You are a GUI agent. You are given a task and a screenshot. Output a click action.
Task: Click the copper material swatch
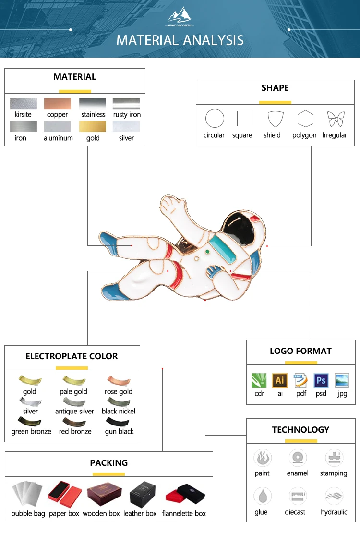coord(57,104)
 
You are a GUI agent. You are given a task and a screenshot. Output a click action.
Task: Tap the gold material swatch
coord(92,127)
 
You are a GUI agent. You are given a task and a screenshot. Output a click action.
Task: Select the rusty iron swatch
coord(126,104)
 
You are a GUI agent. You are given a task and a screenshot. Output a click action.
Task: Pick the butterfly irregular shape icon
coord(335,119)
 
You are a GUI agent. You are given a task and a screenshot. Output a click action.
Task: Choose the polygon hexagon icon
coord(305,119)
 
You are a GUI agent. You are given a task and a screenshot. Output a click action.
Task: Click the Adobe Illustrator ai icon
coord(280,381)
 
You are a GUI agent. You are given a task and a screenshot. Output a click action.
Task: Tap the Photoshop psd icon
coord(321,381)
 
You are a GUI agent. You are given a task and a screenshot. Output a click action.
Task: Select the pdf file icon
coord(300,381)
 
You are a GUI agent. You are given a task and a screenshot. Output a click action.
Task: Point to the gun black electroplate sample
coord(119,422)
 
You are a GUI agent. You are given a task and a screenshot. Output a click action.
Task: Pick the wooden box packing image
coord(101,495)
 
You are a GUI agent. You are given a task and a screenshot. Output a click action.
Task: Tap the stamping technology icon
coord(333,458)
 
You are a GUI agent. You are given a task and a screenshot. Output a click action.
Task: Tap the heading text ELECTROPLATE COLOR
coord(72,356)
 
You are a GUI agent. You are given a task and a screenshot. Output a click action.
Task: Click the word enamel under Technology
coord(298,473)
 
